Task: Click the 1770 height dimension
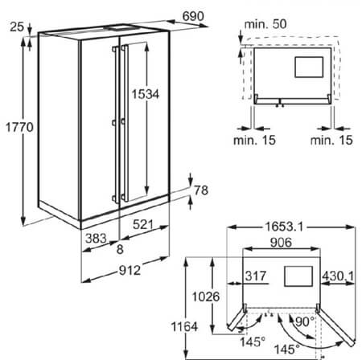click(x=19, y=127)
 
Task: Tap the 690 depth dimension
click(x=193, y=16)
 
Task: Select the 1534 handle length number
click(x=145, y=94)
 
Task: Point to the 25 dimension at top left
click(x=17, y=27)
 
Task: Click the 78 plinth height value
click(x=201, y=190)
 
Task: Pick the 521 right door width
click(x=143, y=224)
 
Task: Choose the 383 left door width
click(x=96, y=238)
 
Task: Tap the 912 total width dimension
click(x=130, y=270)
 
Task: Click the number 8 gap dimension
click(x=120, y=249)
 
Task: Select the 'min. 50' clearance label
click(x=265, y=24)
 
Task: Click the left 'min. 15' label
click(x=254, y=140)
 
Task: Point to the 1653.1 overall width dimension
click(x=284, y=227)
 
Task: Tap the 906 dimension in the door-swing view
click(x=281, y=243)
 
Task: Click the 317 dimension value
click(x=256, y=276)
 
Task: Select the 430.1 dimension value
click(x=338, y=276)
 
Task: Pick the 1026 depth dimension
click(x=206, y=297)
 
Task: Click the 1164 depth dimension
click(x=184, y=327)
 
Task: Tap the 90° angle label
click(x=305, y=321)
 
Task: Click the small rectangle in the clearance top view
click(x=309, y=67)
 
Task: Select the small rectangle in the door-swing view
click(x=298, y=276)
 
